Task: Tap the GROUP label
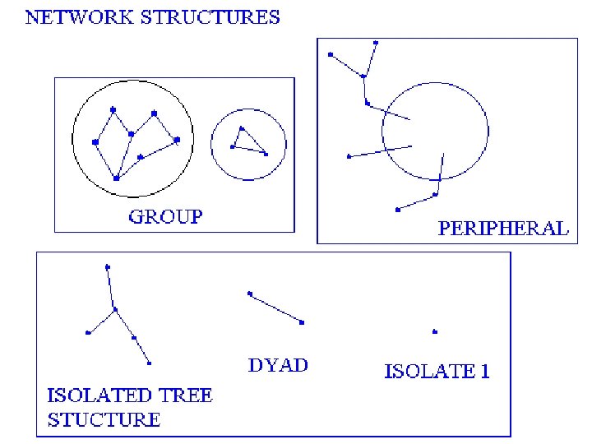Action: pos(165,217)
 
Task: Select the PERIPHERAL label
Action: pos(503,229)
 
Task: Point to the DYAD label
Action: pos(278,364)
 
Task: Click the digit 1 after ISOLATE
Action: pos(484,371)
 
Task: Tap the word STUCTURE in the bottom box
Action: pos(104,419)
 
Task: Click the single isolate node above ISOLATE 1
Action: pos(434,332)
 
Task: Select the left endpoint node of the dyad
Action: pos(249,294)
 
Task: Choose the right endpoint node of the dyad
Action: pos(303,323)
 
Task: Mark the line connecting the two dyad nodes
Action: pos(275,308)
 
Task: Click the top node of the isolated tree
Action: pos(108,266)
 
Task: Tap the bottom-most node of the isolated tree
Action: pos(150,363)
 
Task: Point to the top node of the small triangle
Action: pos(242,128)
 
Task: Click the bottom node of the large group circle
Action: pos(116,178)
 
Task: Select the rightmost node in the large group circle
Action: pos(178,140)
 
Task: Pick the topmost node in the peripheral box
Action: pos(376,42)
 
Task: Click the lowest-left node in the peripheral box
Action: pos(397,210)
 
